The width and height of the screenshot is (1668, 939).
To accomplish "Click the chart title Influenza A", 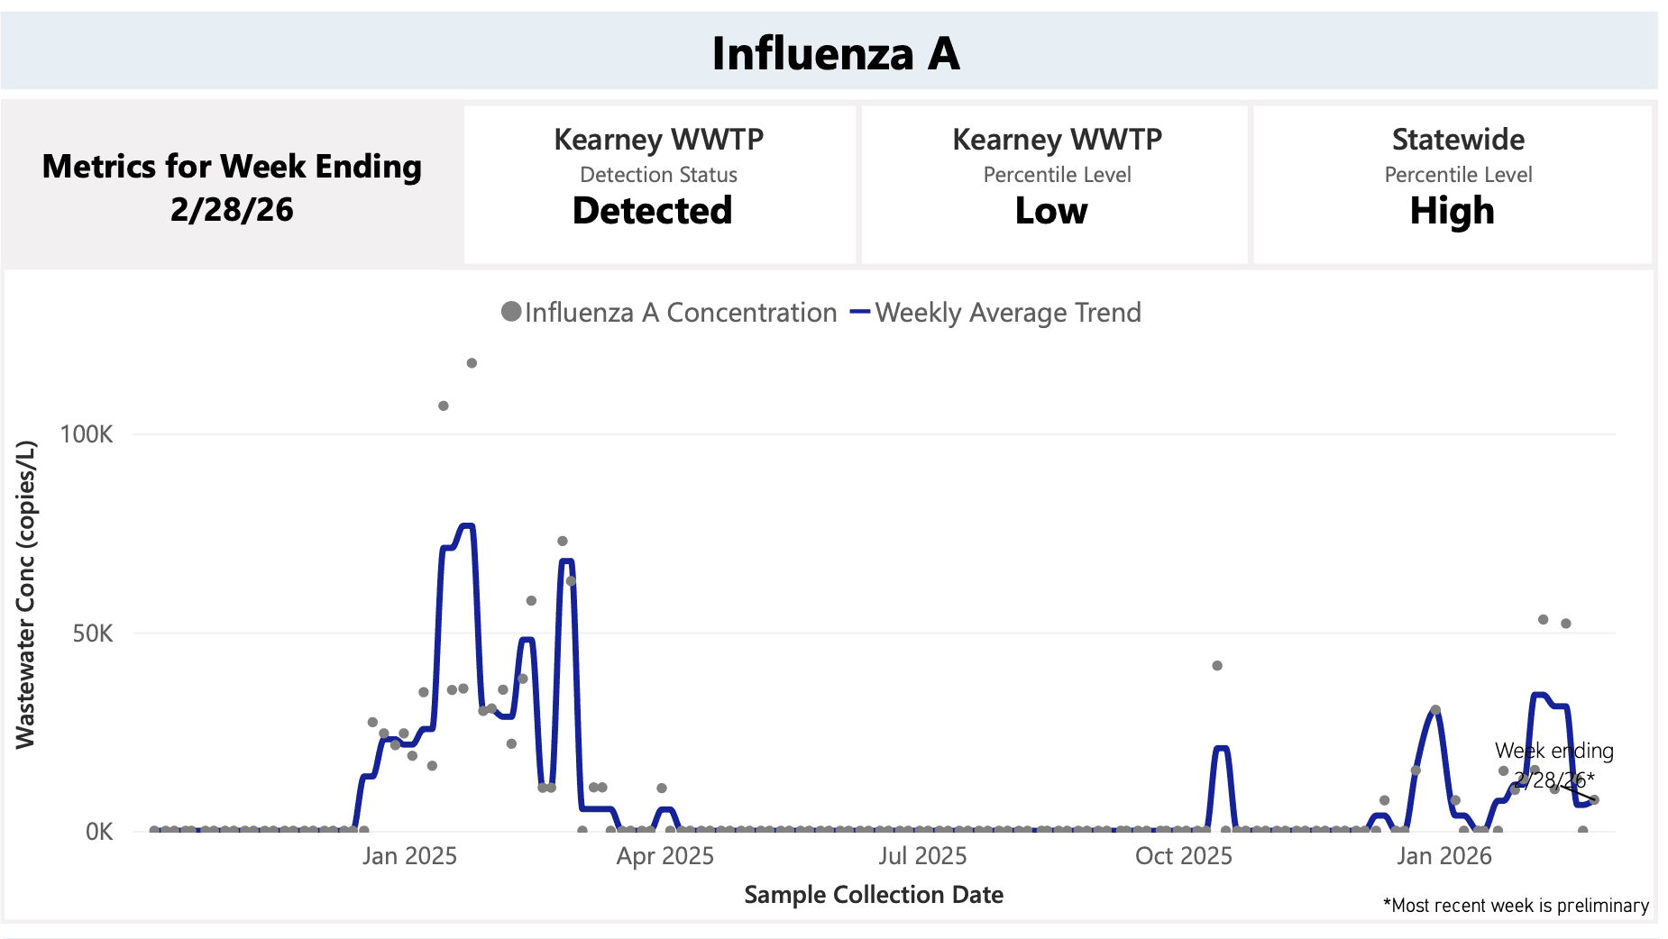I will point(835,53).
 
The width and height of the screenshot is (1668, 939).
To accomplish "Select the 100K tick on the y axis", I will point(87,434).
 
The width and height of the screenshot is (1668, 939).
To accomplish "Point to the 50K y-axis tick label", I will point(93,634).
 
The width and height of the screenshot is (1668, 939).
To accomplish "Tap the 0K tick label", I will point(99,832).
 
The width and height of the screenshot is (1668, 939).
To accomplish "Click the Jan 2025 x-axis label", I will point(409,856).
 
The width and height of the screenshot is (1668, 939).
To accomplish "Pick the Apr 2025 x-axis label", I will point(664,856).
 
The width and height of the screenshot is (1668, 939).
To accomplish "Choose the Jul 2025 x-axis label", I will point(922,856).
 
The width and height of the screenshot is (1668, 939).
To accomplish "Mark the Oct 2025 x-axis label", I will point(1183,856).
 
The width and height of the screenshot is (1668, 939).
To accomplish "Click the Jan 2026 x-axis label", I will point(1443,856).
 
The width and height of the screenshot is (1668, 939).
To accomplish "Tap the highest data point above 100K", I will point(472,363).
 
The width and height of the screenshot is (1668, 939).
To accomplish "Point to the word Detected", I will point(652,211).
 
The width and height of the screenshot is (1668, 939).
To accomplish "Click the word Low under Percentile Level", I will point(1051,211).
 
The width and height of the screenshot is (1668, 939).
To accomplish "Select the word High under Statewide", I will point(1452,211).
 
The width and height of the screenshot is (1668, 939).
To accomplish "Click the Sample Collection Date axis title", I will point(873,895).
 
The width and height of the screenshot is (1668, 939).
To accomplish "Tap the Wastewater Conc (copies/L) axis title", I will point(25,595).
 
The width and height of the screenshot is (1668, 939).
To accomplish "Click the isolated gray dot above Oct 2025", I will point(1217,666).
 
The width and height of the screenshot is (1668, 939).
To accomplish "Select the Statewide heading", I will point(1458,140).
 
